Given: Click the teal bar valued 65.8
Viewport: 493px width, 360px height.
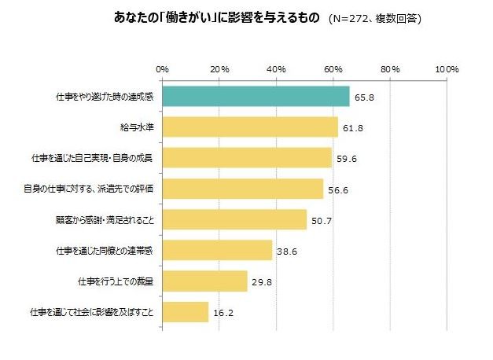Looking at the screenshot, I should [x=256, y=96].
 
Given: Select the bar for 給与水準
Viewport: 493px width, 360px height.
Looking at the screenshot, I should [x=250, y=127].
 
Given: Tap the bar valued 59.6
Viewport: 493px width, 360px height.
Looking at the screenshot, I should [x=247, y=157].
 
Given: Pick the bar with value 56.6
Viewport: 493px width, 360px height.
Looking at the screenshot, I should [x=243, y=189].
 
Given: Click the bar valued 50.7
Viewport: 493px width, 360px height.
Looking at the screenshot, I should [x=234, y=219].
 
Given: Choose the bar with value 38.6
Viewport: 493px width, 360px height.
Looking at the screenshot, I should [x=217, y=250].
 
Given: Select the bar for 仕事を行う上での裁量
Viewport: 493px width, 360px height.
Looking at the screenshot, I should [x=204, y=281].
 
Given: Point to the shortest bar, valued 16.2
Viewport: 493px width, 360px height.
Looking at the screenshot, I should [x=186, y=312].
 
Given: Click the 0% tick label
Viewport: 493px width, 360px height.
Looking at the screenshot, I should [x=163, y=70].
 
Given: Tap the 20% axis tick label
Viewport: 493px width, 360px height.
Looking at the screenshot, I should [x=219, y=70].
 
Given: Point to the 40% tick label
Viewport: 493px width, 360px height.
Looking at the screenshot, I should [x=276, y=70].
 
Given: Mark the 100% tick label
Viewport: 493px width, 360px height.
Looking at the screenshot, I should [x=446, y=70].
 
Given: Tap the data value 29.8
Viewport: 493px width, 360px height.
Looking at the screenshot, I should [x=261, y=281].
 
